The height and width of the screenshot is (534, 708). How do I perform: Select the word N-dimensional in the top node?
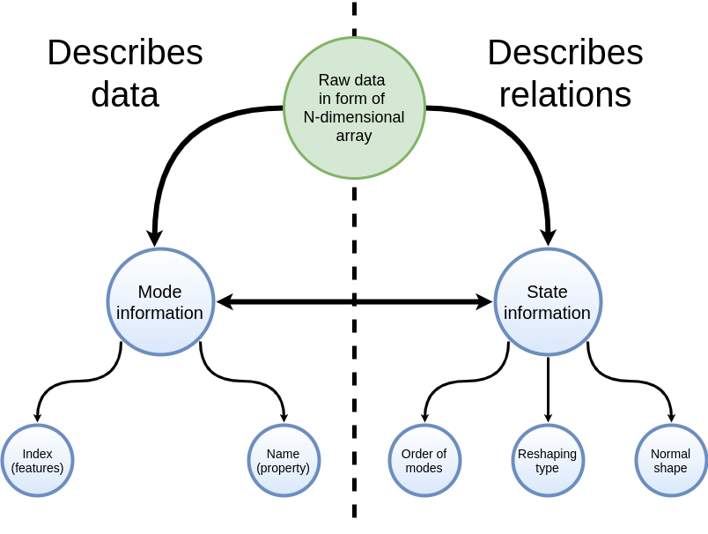pos(354,117)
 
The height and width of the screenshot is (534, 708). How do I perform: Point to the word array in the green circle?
pos(354,136)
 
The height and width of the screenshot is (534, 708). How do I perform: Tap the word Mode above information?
pos(159,292)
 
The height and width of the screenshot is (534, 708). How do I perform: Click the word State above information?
pos(547,292)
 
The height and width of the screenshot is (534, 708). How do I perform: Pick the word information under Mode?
pos(159,313)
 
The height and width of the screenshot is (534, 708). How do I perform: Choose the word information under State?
pos(547,313)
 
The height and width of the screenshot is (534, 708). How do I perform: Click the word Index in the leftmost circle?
pos(37,454)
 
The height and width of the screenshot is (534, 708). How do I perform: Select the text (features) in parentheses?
pos(37,468)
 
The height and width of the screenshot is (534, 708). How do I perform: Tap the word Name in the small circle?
pos(283,454)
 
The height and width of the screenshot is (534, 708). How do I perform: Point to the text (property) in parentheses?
pos(283,468)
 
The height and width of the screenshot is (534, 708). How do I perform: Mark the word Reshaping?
pos(547,454)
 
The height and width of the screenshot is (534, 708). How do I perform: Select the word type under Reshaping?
pos(547,468)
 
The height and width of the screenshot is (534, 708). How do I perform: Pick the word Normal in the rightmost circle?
pos(670,454)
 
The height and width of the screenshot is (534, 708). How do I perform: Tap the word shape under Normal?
pos(670,468)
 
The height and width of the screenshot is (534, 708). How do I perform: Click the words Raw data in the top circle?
pos(351,80)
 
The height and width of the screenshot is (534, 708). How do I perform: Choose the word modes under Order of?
pos(424,468)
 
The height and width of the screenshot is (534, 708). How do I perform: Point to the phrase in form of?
pos(351,99)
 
